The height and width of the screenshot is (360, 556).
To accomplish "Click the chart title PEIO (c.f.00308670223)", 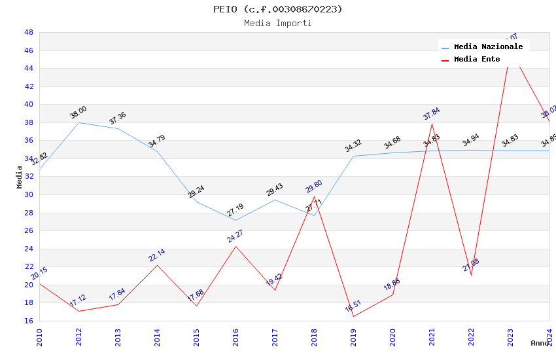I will [x=277, y=9].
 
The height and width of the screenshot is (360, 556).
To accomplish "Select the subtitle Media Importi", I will [x=277, y=24].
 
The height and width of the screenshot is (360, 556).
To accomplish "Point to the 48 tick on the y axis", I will [x=29, y=32].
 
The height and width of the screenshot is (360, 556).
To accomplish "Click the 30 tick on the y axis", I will [x=29, y=194].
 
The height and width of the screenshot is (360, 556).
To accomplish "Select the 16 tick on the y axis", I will [x=29, y=321].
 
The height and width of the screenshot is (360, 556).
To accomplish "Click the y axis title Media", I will [x=20, y=177].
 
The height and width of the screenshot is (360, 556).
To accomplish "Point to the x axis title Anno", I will [x=540, y=343].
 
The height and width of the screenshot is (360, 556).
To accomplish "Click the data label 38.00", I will [x=78, y=113].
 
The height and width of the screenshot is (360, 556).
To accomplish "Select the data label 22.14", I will [x=157, y=255].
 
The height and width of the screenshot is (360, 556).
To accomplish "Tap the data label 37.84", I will [x=431, y=114].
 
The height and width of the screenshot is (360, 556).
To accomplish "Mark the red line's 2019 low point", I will [x=353, y=317].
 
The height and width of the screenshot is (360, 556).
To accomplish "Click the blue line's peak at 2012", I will [x=78, y=122].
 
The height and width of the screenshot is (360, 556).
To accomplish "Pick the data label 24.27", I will [x=235, y=236].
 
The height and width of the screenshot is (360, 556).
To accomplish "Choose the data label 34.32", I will [x=353, y=146].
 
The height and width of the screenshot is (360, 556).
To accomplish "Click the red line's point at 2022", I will [x=471, y=275].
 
